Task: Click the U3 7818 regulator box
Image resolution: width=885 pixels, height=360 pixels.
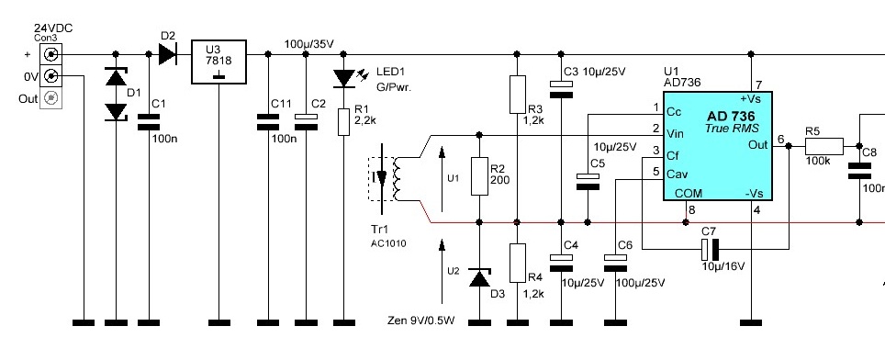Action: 219,62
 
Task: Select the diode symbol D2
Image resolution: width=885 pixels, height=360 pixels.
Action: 168,54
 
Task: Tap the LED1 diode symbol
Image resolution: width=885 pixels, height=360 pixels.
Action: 343,78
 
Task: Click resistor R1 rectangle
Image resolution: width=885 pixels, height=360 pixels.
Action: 343,122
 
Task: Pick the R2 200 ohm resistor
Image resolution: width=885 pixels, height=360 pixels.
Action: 479,176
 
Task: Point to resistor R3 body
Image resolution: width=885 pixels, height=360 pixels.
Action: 518,95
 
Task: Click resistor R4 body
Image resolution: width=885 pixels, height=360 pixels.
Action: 518,263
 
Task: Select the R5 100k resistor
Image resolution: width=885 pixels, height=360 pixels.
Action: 823,146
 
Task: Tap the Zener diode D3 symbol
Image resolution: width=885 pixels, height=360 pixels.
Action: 480,277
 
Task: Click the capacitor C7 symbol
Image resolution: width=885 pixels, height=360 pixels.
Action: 710,249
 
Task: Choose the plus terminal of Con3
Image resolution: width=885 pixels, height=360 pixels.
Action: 50,54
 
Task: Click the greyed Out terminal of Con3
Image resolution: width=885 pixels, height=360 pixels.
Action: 50,98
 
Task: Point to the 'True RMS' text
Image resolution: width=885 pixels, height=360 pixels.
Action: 732,128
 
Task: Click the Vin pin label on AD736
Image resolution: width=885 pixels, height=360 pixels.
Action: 675,134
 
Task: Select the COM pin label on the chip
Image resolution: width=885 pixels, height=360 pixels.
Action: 689,193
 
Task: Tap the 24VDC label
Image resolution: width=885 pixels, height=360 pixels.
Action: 53,28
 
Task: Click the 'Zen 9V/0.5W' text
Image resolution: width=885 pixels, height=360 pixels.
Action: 421,321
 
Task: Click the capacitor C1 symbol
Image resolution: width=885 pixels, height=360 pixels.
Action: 149,122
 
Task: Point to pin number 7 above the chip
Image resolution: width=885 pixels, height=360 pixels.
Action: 758,85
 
